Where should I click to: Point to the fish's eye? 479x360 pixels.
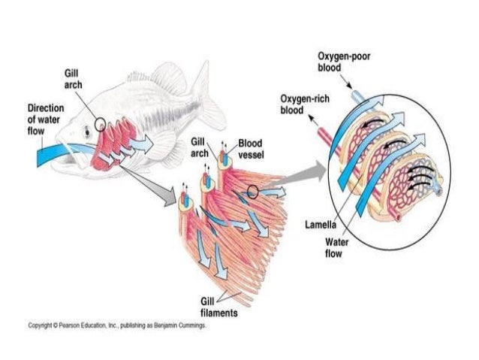click(x=88, y=130)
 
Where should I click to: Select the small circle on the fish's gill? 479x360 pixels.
click(x=101, y=123)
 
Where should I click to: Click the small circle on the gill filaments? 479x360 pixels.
click(x=252, y=194)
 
